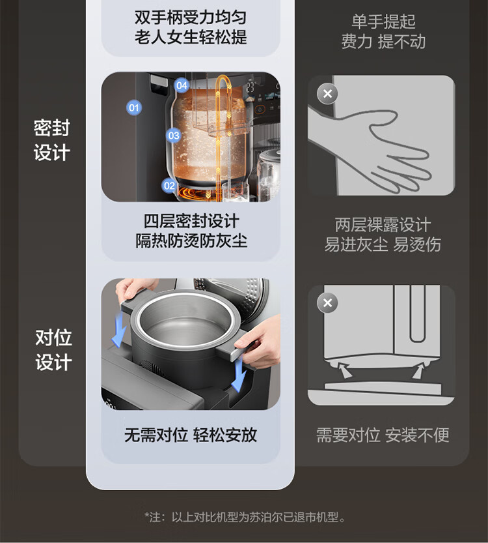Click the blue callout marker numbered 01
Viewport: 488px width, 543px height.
point(134,108)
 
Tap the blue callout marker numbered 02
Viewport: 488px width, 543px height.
point(169,186)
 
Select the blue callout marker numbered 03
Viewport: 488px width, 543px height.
point(174,136)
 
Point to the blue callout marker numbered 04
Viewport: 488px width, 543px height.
point(182,85)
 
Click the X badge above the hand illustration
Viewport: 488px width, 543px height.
point(327,93)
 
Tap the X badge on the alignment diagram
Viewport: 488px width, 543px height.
point(327,302)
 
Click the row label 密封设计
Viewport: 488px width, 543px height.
point(52,140)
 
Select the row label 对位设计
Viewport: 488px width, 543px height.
point(53,350)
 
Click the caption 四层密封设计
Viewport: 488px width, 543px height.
point(191,221)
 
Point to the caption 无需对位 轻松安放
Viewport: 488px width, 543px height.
point(191,435)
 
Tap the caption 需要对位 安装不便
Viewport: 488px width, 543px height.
point(383,435)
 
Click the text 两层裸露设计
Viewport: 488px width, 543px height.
point(383,225)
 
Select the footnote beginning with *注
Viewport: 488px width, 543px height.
point(245,517)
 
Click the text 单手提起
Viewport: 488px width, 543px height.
point(383,22)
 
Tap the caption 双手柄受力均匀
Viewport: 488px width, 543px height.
point(191,18)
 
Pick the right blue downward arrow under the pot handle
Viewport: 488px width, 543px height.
point(239,375)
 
